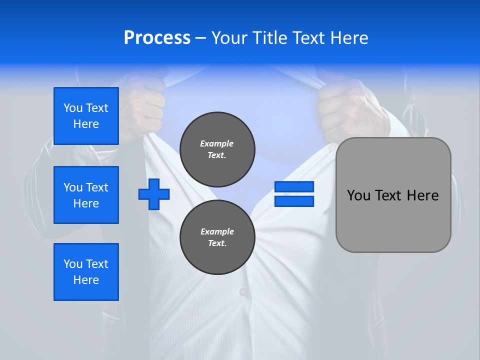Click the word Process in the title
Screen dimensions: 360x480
pos(157,38)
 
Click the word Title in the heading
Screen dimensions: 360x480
pos(269,38)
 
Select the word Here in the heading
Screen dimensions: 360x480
pos(348,38)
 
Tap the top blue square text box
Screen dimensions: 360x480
pos(86,116)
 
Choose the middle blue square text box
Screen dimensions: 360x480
pos(86,195)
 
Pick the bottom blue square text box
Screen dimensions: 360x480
pos(86,272)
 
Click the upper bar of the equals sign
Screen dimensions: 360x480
pos(294,187)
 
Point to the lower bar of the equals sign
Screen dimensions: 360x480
pos(294,201)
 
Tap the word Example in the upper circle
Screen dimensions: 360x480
pos(216,143)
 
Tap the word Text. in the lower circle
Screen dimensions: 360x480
pos(217,243)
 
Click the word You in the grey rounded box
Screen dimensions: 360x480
pos(358,195)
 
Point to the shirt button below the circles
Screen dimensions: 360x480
pos(242,291)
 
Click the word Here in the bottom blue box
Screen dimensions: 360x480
pos(86,280)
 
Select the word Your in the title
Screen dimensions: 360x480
pos(230,38)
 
